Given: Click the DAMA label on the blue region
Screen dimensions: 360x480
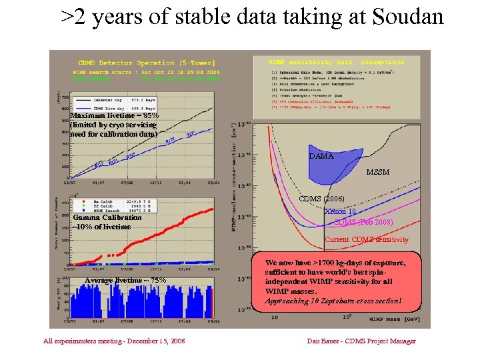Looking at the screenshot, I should (x=321, y=156).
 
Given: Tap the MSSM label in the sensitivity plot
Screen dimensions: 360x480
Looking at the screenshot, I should (x=377, y=172).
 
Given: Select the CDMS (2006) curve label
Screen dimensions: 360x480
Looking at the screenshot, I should (x=322, y=199).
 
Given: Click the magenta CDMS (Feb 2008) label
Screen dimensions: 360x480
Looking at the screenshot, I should (x=363, y=222).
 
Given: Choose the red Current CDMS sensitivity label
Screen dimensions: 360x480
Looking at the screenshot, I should (x=366, y=239).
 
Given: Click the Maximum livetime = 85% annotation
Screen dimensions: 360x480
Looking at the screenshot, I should (x=114, y=115).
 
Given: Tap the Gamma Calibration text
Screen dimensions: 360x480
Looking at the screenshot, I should (x=107, y=217).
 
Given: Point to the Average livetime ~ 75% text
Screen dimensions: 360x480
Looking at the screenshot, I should (x=125, y=280).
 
